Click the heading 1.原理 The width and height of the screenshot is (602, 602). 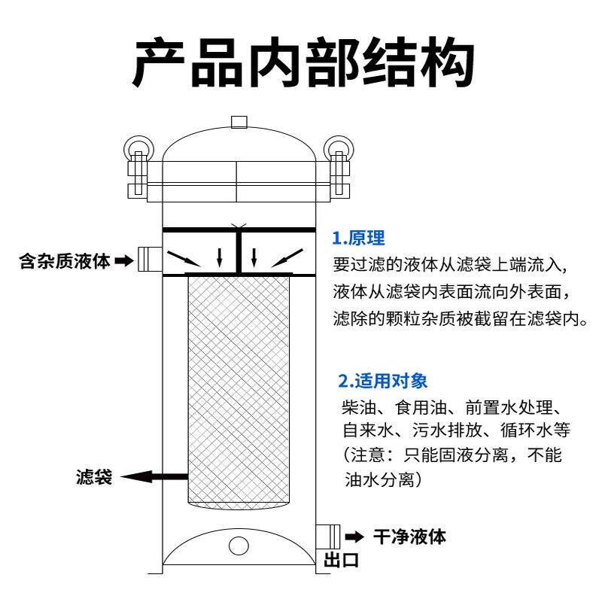(x=359, y=239)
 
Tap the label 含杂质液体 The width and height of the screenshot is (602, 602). (x=65, y=261)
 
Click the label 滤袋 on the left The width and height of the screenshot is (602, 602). (x=94, y=476)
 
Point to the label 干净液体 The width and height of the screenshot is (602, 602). (x=409, y=537)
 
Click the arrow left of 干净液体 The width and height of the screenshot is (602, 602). (x=353, y=537)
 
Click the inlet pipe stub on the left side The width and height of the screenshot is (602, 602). (x=148, y=259)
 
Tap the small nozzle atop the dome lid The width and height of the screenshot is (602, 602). (x=239, y=122)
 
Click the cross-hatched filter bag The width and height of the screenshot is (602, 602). (x=238, y=391)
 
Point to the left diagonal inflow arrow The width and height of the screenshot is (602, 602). (x=183, y=258)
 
